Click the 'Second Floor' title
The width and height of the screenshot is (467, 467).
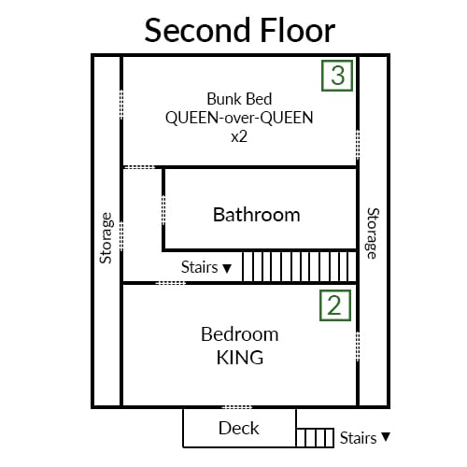(240, 30)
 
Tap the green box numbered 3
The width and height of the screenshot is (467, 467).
(337, 76)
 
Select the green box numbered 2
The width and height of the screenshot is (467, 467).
(335, 305)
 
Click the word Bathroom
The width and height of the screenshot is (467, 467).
(257, 215)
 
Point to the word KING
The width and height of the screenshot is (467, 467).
(240, 358)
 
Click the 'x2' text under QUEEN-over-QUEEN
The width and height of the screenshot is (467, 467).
(239, 136)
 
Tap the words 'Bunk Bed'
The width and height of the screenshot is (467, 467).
(239, 99)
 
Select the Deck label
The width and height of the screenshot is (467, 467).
(239, 428)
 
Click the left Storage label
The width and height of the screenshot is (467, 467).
(106, 238)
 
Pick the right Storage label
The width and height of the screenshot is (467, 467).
(373, 233)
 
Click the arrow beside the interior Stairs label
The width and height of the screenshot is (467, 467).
(227, 268)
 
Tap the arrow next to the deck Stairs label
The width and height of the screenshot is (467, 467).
(386, 437)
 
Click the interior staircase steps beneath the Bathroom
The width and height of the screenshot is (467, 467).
(299, 266)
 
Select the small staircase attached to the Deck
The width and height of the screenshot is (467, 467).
(315, 438)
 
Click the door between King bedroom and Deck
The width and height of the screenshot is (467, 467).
(237, 407)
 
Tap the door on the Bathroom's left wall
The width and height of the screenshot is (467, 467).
(163, 210)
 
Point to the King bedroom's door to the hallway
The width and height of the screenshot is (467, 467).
(170, 283)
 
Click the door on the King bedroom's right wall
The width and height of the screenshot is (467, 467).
(358, 347)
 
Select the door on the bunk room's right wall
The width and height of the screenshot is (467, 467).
(358, 145)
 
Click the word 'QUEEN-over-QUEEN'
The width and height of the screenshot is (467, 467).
(239, 118)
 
